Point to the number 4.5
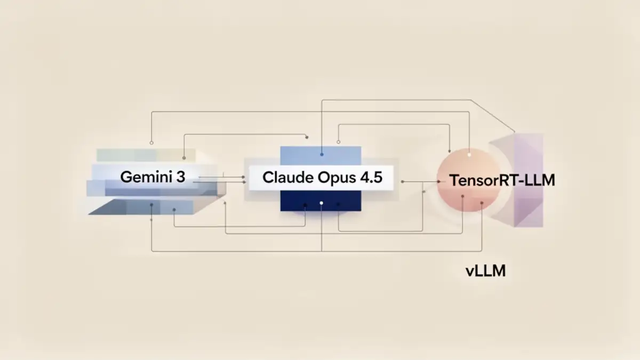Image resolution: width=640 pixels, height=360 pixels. (370, 178)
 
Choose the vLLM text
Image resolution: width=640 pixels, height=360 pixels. (485, 271)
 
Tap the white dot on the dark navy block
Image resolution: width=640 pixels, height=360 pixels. (321, 203)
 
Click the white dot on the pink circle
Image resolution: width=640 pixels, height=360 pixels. (469, 155)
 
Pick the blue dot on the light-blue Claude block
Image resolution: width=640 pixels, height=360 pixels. (322, 155)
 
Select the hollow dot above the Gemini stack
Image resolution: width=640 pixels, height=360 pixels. (152, 143)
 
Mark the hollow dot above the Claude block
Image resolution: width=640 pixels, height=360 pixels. (338, 141)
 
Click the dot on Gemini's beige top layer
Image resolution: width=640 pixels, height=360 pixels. (184, 158)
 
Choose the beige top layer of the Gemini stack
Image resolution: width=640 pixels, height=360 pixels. (144, 155)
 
